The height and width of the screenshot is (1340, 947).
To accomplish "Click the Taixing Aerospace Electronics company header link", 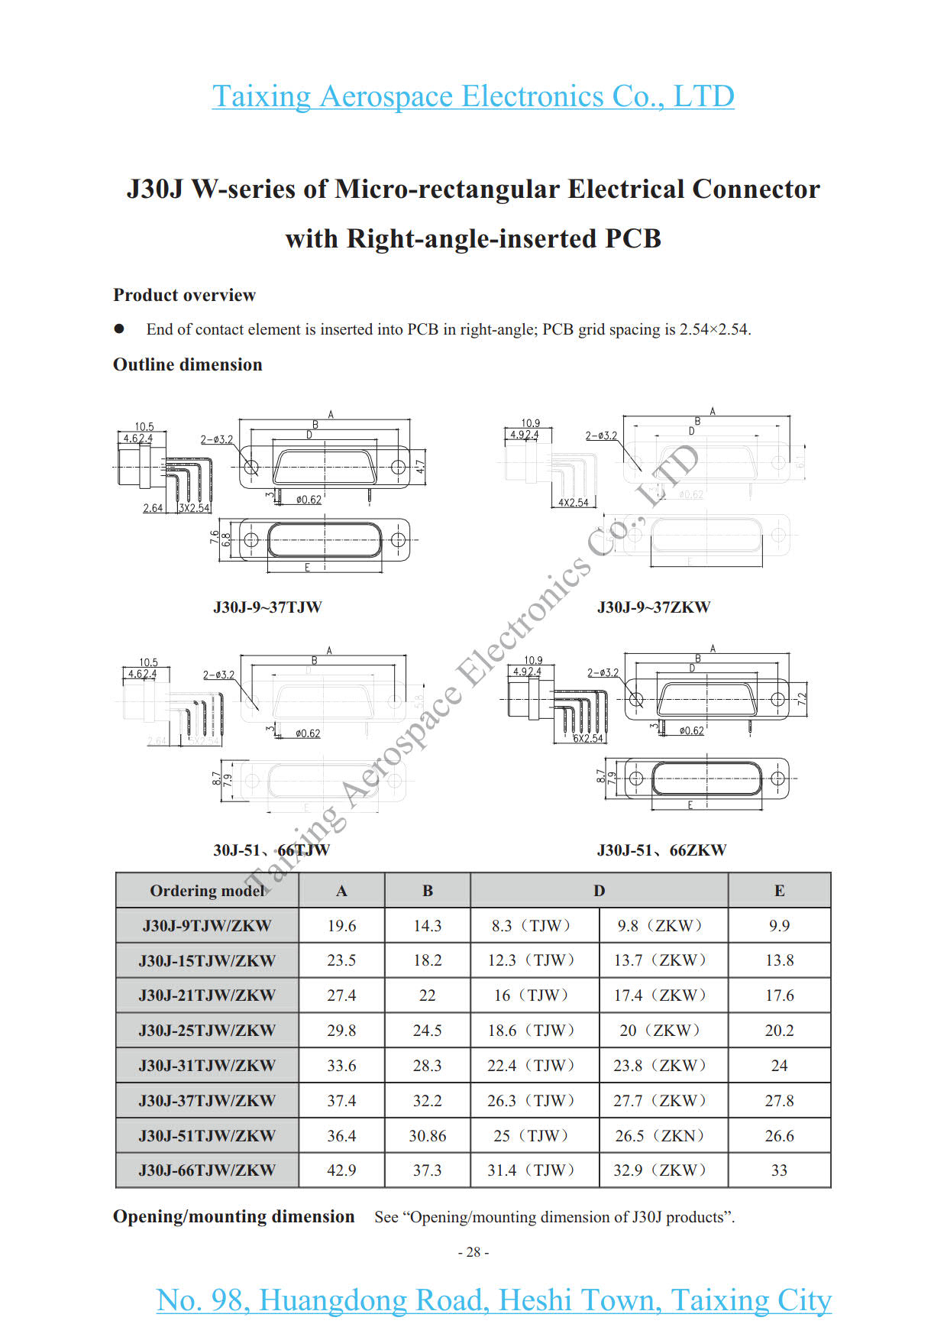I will click(x=473, y=96).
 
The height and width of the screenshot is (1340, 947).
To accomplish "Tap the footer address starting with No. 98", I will click(x=493, y=1300).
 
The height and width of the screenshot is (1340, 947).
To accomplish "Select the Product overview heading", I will click(x=184, y=295).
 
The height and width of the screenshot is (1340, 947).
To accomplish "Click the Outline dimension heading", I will click(x=187, y=364).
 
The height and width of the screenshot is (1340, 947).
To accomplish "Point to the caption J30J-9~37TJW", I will click(x=267, y=607).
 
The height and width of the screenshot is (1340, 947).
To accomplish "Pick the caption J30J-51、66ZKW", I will click(x=661, y=850).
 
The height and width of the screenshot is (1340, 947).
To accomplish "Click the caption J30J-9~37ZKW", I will click(x=654, y=607).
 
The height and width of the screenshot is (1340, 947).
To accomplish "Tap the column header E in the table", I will click(x=779, y=891).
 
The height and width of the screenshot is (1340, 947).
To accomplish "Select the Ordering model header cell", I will click(x=207, y=891).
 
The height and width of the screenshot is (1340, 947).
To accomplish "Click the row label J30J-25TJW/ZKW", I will click(x=207, y=1031).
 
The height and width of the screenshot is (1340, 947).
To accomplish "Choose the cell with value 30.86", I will click(x=427, y=1136).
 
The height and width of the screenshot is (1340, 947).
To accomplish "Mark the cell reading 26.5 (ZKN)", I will click(x=660, y=1136).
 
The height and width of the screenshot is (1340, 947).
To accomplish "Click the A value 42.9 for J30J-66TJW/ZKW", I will click(x=341, y=1170).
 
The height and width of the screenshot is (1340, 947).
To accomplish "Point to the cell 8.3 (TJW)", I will click(x=532, y=926).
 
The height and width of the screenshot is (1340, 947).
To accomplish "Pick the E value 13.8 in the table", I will click(x=779, y=960).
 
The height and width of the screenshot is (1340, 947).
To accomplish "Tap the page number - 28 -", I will click(x=473, y=1252).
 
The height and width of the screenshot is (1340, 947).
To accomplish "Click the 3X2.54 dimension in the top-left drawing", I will click(x=194, y=508).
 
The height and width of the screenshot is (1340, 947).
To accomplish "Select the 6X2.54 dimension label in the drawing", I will click(x=588, y=739).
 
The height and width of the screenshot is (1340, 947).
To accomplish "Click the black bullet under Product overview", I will click(x=119, y=329).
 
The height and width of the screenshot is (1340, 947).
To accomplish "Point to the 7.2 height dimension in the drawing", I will click(x=801, y=699).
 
